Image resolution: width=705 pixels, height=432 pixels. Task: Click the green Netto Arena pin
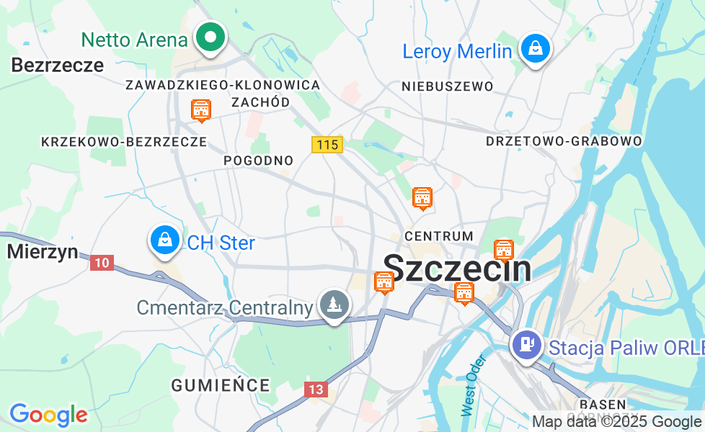coord(210,37)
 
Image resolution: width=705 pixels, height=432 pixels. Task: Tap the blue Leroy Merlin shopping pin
coord(536,49)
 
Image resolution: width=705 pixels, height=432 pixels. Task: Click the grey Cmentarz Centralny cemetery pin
coord(334,305)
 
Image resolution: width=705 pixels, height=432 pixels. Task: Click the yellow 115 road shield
coord(327,145)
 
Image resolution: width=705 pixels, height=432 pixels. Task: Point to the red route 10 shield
coord(102,263)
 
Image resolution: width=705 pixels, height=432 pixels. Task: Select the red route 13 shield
coord(316,390)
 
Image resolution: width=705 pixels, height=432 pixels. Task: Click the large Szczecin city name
coord(458,269)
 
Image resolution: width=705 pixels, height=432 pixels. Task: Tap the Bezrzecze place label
coord(58,66)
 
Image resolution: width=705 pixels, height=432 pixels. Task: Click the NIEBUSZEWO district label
coord(448,86)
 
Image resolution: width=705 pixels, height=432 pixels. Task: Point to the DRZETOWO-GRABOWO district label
coord(564,141)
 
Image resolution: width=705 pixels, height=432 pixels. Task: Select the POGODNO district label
coord(259,160)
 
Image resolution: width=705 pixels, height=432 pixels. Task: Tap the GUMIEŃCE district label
coord(221,385)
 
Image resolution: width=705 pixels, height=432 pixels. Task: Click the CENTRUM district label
coord(439,236)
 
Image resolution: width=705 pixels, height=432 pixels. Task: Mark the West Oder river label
coord(469,385)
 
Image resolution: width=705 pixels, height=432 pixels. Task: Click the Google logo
coord(48,414)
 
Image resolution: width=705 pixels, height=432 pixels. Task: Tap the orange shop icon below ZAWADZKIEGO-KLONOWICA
coord(201,111)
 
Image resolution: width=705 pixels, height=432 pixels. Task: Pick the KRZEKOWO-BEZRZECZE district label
coord(124,142)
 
